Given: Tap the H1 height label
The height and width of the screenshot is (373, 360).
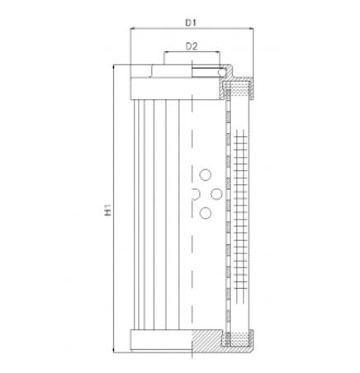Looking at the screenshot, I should (108, 211).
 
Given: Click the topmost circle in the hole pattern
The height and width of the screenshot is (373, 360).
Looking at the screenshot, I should (206, 174).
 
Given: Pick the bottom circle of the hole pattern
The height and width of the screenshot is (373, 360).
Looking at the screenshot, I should (206, 213).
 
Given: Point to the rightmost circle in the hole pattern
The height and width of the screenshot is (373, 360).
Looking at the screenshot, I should (218, 193).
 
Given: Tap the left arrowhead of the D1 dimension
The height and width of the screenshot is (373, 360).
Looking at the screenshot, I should (134, 28).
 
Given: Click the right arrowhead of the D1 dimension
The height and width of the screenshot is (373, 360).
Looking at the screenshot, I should (250, 28).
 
